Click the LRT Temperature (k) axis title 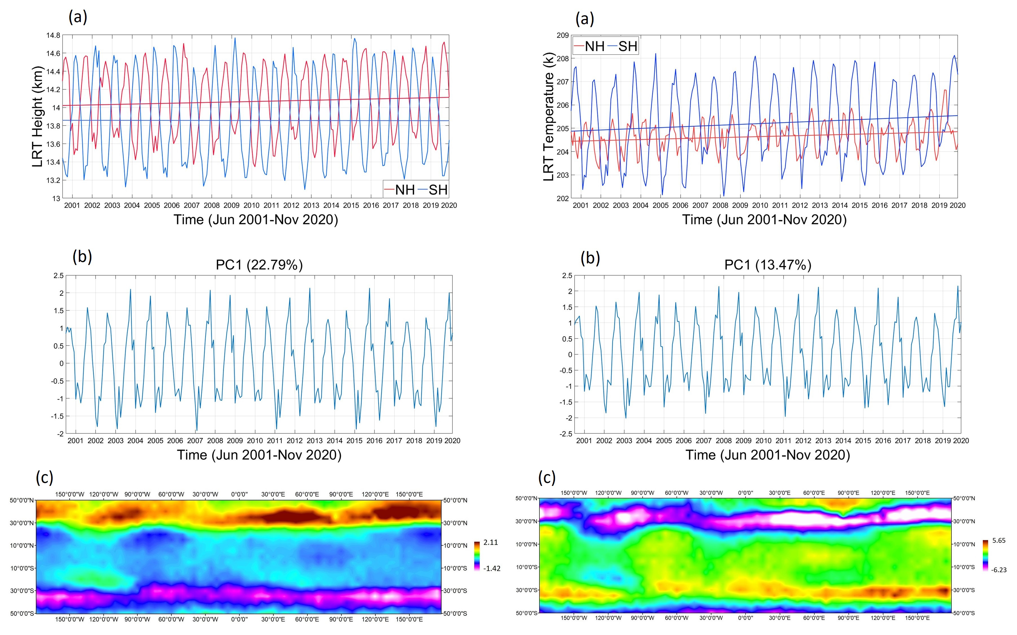click(x=548, y=117)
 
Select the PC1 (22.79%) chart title click(x=259, y=265)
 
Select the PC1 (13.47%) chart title click(x=768, y=265)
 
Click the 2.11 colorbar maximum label click(x=491, y=542)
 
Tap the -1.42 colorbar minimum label click(x=491, y=569)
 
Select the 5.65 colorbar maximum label click(x=999, y=541)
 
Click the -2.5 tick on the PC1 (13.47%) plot click(x=565, y=434)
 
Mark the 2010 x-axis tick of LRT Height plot click(x=251, y=205)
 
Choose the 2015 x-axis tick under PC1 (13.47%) click(x=863, y=441)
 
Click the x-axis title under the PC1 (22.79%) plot click(x=259, y=455)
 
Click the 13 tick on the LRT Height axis click(x=56, y=199)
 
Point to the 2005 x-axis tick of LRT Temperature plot click(x=660, y=205)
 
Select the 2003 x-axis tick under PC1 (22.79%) click(x=115, y=441)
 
